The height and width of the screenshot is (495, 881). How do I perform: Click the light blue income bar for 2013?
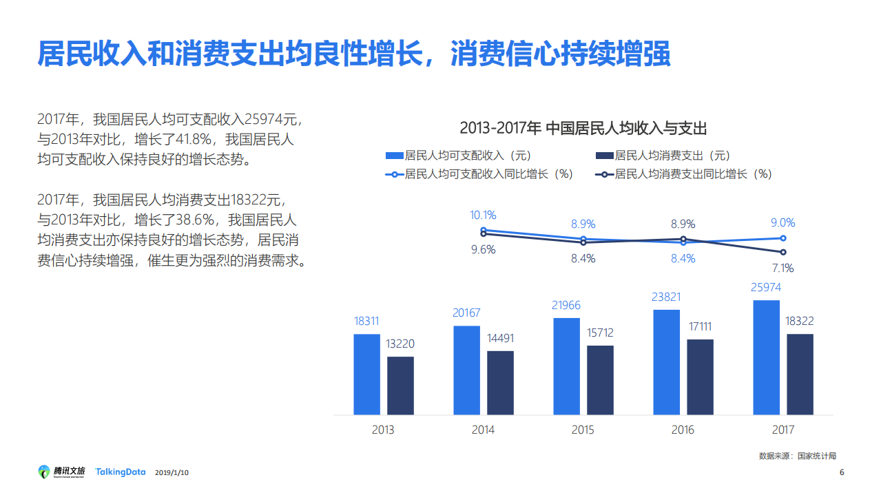coord(366,375)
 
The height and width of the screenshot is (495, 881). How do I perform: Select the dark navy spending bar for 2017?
coord(800,375)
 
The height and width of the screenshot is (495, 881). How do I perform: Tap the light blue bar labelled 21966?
coord(566,366)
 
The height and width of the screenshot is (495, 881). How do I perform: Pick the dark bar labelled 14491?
coord(500,383)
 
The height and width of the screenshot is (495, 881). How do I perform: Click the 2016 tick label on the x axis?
coord(683,430)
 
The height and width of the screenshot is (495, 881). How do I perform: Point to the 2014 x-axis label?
coord(483,430)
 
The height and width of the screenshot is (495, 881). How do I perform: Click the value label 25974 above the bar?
coord(766,288)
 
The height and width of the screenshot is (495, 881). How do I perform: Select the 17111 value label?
coord(700,327)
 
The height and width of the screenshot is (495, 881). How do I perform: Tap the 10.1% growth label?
coord(483,215)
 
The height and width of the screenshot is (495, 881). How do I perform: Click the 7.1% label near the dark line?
coord(782,268)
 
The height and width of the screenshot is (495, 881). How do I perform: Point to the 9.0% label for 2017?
coord(782,223)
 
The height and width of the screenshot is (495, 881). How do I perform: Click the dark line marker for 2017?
coord(782,252)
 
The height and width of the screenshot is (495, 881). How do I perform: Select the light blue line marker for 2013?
coord(483,231)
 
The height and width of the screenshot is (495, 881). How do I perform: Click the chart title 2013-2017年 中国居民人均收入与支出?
coord(583,128)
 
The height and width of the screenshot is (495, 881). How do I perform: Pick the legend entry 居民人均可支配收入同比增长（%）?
coord(480,174)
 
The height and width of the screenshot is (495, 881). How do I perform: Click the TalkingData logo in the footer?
coord(121,472)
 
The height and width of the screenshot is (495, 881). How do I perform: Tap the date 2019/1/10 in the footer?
coord(172,472)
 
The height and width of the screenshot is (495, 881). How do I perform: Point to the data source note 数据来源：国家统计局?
coord(797,456)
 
